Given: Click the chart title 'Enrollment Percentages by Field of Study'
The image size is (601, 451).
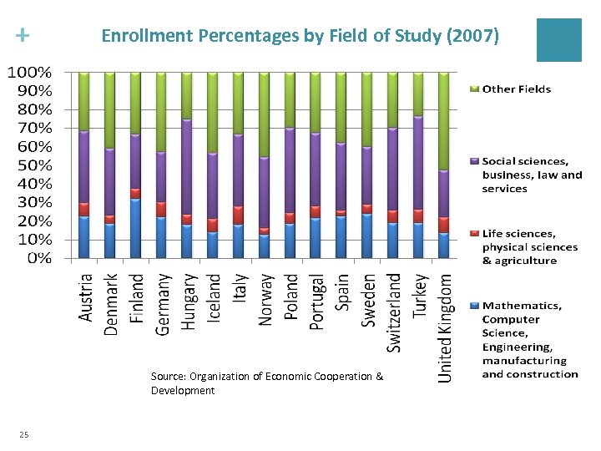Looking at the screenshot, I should coord(300,36).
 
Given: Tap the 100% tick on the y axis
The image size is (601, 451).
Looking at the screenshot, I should coord(29,72).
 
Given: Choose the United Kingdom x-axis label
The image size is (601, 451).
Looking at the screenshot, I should coord(447,329).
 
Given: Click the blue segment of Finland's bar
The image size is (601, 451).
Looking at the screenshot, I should coord(134,228).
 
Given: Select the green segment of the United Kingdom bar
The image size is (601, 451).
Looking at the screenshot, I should coord(444,121).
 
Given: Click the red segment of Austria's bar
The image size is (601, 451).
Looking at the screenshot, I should coord(83,209).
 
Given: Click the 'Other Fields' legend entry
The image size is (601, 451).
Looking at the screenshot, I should coord(516,89).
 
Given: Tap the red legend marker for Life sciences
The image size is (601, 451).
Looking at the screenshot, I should coord(475,234).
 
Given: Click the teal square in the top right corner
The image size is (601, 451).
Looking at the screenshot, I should coord(558,39).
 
